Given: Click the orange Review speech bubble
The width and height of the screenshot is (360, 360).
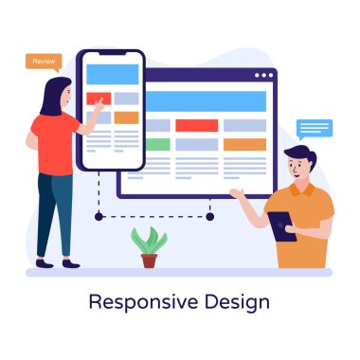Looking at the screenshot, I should point(44,62).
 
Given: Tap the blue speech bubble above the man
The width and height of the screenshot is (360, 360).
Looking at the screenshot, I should point(314,128).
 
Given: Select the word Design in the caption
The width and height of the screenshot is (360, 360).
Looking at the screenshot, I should point(240,302).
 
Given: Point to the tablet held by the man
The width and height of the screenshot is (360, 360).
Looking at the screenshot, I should point(280,225).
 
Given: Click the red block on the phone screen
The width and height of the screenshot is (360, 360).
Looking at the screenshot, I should point(99,99).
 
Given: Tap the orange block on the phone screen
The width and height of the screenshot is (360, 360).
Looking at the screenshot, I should point(127,117).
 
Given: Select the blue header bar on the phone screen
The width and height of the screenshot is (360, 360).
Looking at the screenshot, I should point(112,71).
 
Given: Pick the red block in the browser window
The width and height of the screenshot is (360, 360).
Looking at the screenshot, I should point(197,125).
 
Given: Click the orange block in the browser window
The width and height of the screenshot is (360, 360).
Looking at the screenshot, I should point(245,145).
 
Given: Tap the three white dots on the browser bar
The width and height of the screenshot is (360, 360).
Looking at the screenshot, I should point(263,76).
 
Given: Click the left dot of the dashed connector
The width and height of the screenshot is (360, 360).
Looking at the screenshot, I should point(99,216).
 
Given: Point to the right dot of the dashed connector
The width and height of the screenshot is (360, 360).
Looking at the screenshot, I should point(209,216).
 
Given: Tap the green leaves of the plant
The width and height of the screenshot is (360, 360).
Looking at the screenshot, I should point(148,240).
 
